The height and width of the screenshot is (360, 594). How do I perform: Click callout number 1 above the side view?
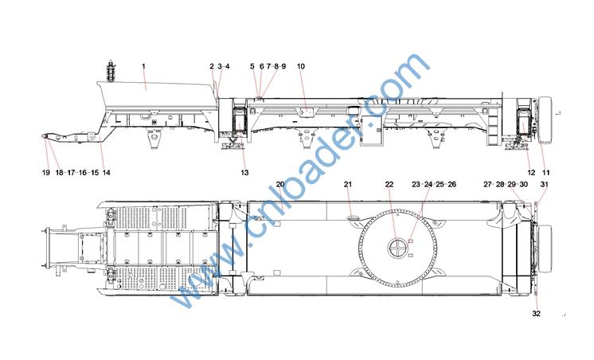[143, 66]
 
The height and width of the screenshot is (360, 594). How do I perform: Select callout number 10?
[301, 66]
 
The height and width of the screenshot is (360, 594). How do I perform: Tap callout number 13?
[244, 172]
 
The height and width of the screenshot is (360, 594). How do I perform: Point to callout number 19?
[46, 172]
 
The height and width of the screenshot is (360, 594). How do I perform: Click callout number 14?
[107, 172]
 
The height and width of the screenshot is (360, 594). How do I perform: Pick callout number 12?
[531, 172]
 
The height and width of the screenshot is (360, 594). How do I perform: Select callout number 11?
[546, 172]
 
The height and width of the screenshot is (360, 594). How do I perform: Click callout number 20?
[280, 184]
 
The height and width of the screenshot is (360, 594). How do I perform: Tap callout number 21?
[348, 184]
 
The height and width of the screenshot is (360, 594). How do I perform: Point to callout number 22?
[389, 184]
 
